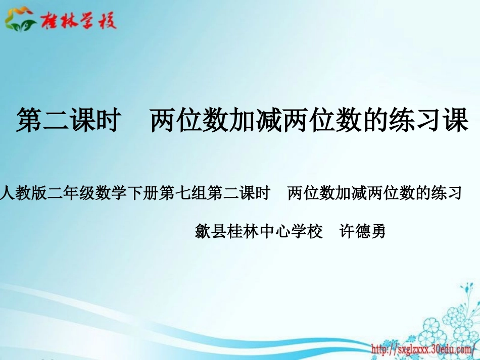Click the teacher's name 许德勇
[362, 232]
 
